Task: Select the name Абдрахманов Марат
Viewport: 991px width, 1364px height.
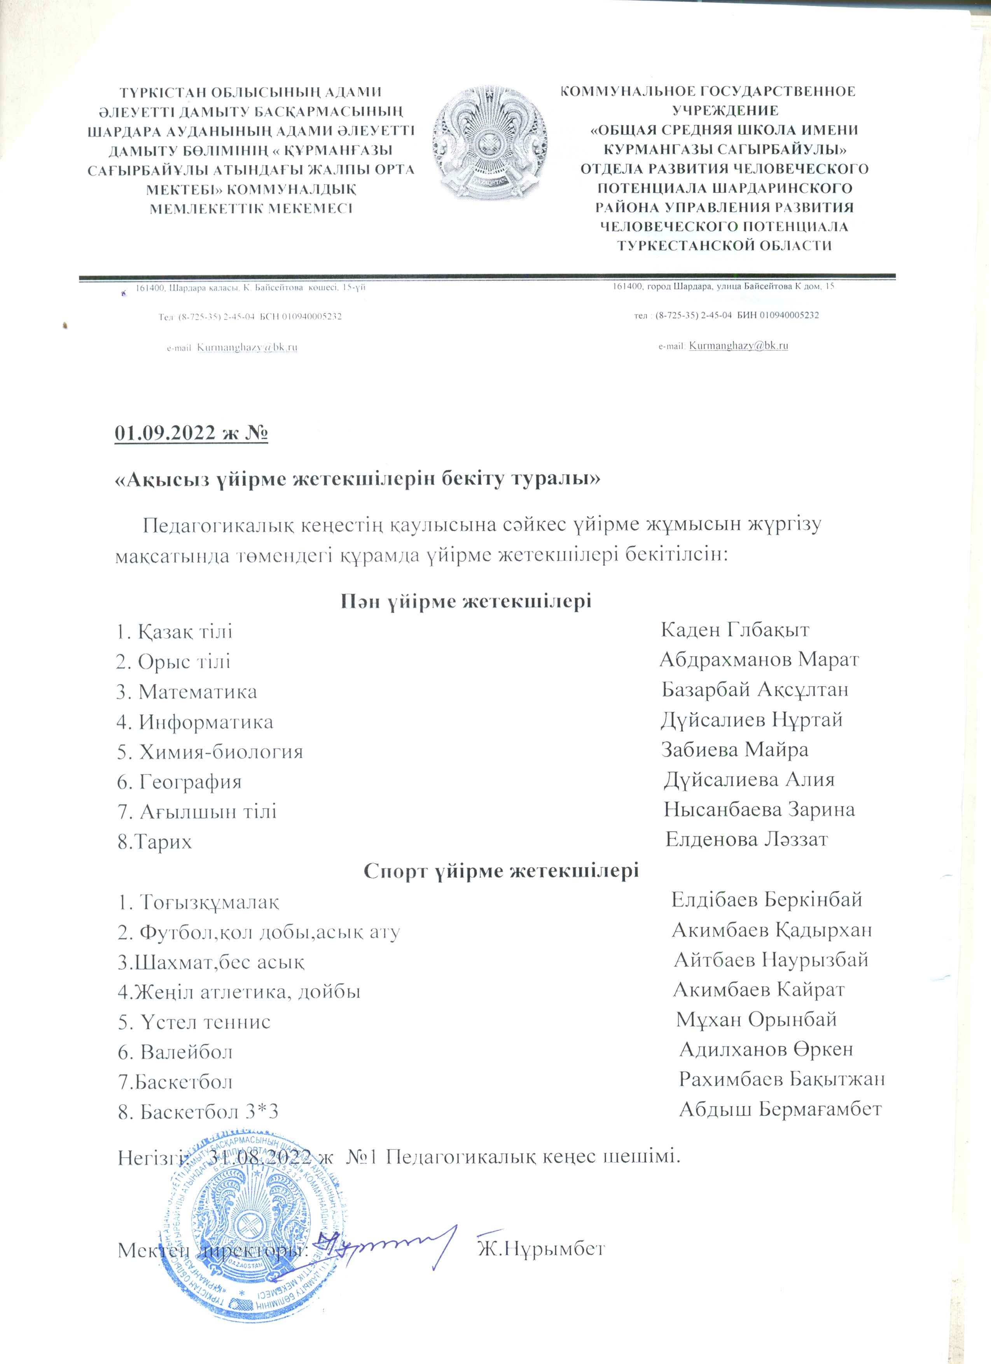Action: point(759,660)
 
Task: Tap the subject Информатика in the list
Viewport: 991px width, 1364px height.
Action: point(206,722)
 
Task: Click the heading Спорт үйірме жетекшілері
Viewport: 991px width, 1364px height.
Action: point(501,871)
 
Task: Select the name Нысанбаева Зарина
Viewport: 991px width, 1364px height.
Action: point(759,809)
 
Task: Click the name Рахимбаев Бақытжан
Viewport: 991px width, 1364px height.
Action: point(781,1079)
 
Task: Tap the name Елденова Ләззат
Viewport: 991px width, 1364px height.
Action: point(746,839)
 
